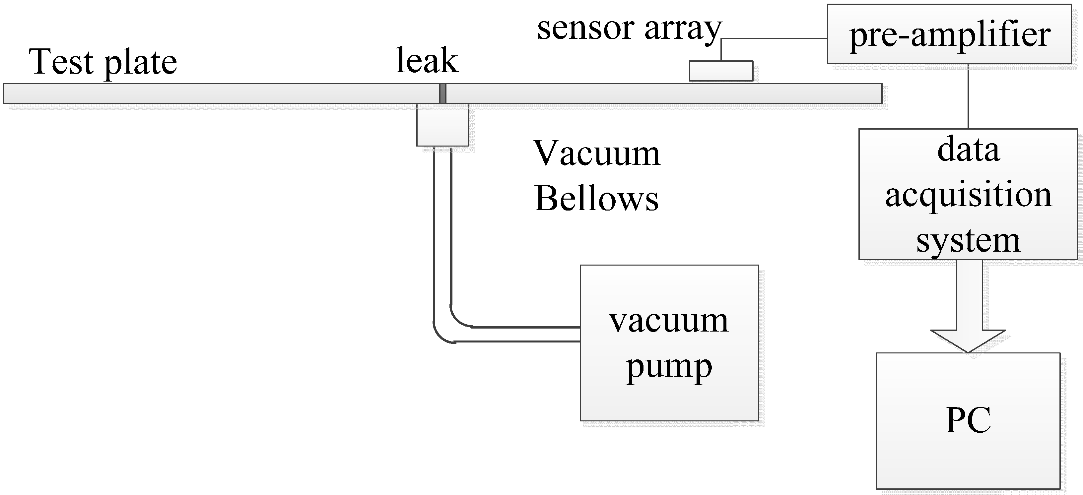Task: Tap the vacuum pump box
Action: click(x=669, y=342)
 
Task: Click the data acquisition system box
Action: click(x=968, y=194)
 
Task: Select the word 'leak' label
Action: click(x=427, y=61)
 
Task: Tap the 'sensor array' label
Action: click(x=629, y=29)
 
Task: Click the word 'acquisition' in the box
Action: click(x=968, y=196)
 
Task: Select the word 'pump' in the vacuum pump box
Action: click(x=669, y=367)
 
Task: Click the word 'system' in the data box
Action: click(x=968, y=241)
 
